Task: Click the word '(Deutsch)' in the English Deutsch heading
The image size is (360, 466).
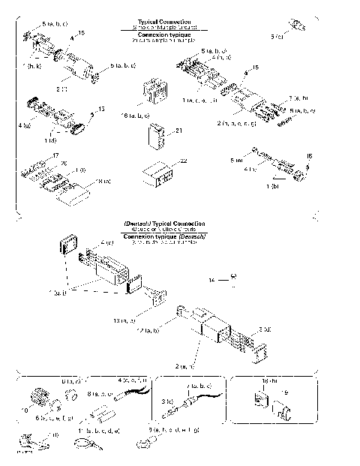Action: [137, 224]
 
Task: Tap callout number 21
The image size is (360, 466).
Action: [178, 131]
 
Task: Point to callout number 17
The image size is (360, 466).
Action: [55, 155]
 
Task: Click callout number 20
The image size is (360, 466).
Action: [64, 163]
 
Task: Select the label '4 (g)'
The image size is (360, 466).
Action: [106, 243]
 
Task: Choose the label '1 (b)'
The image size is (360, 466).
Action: [273, 185]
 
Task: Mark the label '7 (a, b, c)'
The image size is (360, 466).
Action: [199, 383]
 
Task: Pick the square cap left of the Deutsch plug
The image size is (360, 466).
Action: [67, 245]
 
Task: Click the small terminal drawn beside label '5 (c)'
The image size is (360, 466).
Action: [297, 26]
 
